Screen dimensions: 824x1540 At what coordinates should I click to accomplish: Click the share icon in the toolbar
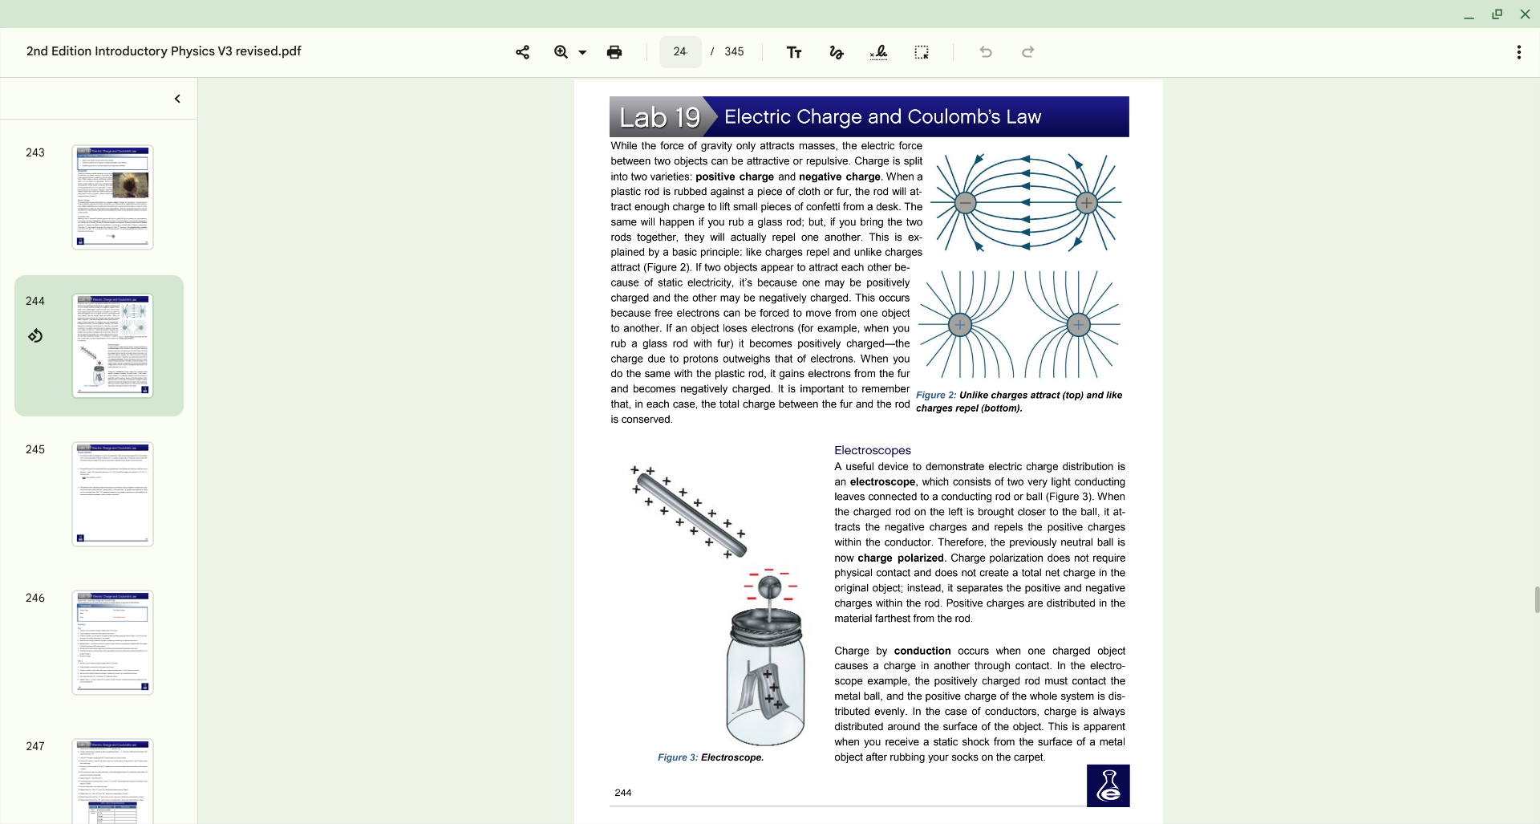point(522,52)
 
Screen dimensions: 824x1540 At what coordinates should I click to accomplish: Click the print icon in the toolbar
point(614,52)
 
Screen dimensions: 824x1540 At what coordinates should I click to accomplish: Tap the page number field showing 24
point(680,52)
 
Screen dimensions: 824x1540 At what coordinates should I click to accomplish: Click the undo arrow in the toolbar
point(986,52)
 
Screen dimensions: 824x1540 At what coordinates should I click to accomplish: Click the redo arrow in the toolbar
point(1027,52)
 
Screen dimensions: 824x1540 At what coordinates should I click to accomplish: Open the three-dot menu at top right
point(1518,52)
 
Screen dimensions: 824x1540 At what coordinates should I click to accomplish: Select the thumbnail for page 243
point(112,197)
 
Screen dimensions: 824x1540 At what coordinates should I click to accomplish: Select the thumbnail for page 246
point(112,642)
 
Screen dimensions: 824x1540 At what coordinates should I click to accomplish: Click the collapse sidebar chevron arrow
point(177,99)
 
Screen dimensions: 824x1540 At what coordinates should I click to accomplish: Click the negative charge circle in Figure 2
point(966,203)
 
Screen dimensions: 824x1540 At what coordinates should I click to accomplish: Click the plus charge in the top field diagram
point(1087,203)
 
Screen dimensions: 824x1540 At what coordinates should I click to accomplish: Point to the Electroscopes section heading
point(872,450)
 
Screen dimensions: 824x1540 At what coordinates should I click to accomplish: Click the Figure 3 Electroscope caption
point(710,757)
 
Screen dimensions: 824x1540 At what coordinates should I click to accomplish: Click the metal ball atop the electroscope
point(769,587)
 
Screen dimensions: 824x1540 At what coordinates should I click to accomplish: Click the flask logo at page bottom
point(1108,785)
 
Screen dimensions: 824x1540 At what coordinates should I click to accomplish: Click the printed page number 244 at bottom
point(623,793)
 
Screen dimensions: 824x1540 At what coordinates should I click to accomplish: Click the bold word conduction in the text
point(922,651)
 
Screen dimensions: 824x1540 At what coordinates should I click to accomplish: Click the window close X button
point(1525,14)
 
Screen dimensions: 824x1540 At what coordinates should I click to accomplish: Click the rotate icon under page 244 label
point(35,335)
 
